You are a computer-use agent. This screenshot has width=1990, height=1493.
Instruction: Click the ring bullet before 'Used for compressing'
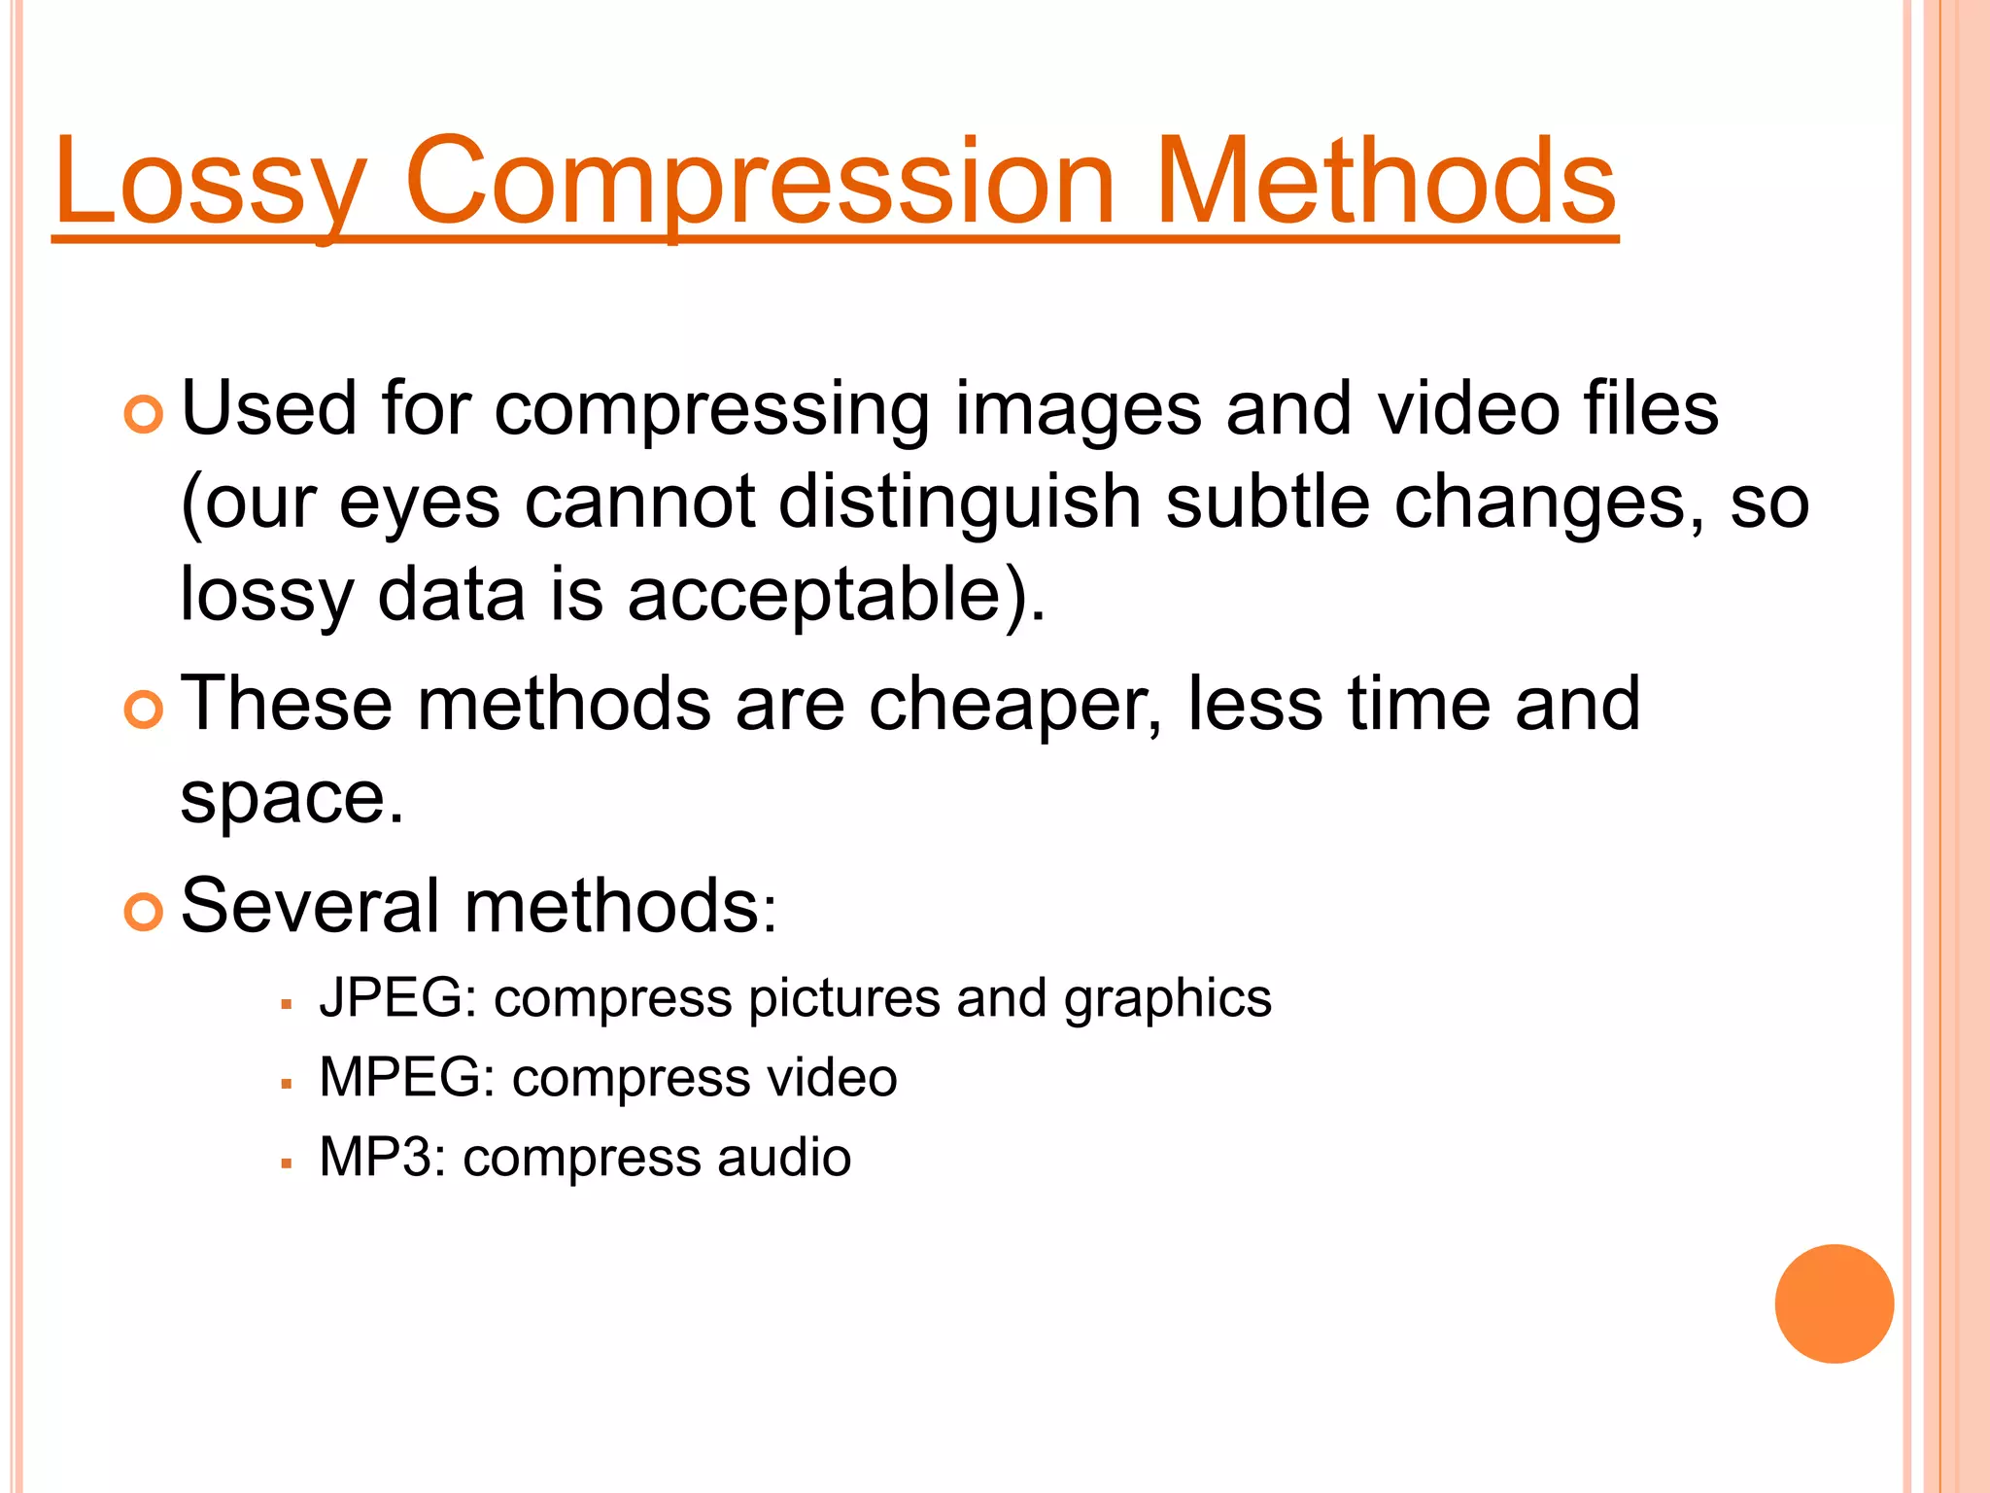[144, 415]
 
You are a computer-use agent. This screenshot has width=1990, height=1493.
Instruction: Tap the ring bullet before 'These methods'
[144, 711]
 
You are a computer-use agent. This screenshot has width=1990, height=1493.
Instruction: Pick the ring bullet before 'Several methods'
[144, 913]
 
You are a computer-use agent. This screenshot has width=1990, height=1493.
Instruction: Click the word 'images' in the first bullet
[1079, 409]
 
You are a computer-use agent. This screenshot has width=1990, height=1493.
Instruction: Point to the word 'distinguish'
[959, 503]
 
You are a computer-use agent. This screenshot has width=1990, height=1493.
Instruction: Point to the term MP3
[381, 1158]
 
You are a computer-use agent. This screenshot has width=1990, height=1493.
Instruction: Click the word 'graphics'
[1167, 1000]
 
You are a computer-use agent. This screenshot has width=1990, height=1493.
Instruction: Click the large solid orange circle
[1834, 1303]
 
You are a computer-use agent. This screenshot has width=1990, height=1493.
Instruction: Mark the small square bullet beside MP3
[286, 1163]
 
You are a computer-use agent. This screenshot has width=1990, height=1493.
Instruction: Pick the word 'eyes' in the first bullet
[419, 504]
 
